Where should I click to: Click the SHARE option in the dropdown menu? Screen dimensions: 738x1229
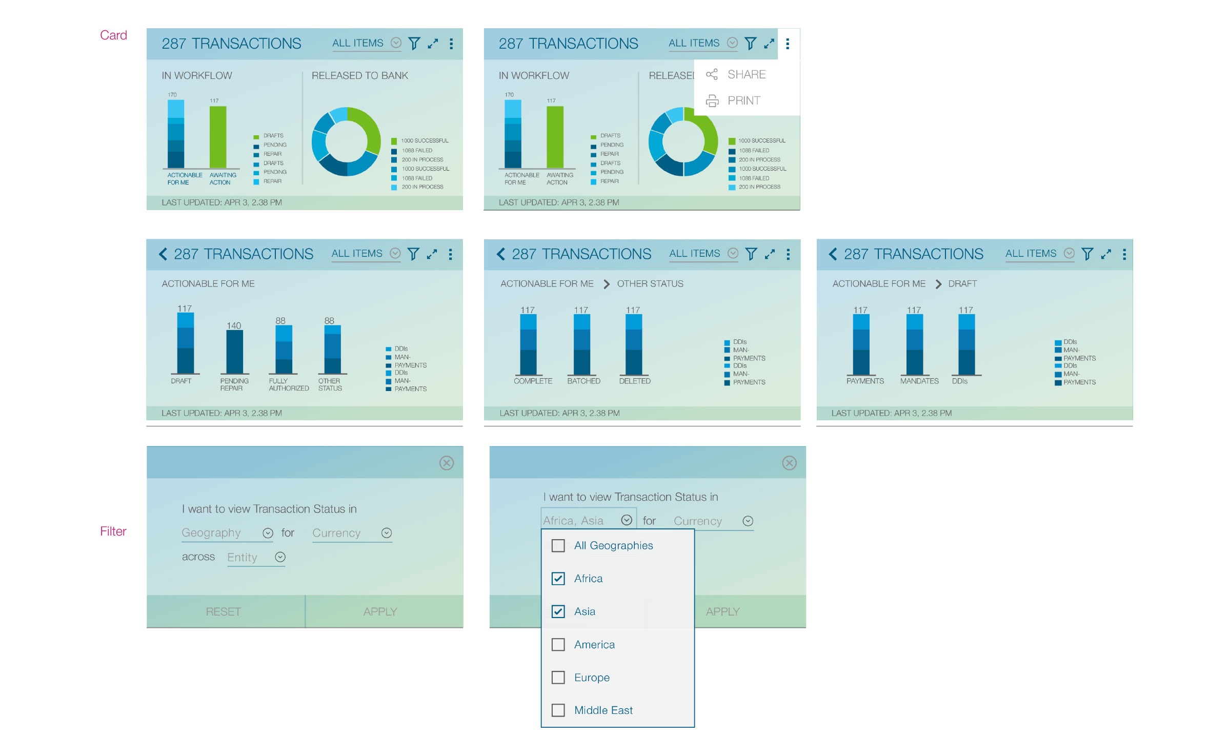click(x=746, y=75)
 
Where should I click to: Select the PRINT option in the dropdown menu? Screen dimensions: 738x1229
click(x=743, y=101)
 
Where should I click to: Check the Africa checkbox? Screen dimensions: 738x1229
click(x=558, y=579)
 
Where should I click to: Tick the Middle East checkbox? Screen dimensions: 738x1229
click(x=558, y=710)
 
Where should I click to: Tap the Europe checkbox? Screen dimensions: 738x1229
click(x=558, y=678)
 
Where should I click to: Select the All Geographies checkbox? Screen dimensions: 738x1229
click(x=558, y=546)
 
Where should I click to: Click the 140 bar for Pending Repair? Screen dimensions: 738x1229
click(x=234, y=352)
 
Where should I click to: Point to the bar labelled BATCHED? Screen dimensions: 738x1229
click(x=581, y=344)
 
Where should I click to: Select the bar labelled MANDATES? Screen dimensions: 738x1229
click(x=914, y=344)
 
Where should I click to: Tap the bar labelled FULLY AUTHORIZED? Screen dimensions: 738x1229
click(x=284, y=350)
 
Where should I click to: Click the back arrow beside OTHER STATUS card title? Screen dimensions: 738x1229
click(x=501, y=254)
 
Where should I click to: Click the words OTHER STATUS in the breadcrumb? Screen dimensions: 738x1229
click(x=650, y=284)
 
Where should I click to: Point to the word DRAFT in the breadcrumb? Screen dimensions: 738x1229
click(x=962, y=284)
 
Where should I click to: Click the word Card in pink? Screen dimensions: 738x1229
click(x=113, y=35)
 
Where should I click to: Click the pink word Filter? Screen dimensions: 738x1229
click(x=113, y=531)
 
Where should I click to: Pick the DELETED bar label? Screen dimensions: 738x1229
click(x=634, y=381)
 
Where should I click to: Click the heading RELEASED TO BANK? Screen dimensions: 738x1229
click(x=359, y=76)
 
